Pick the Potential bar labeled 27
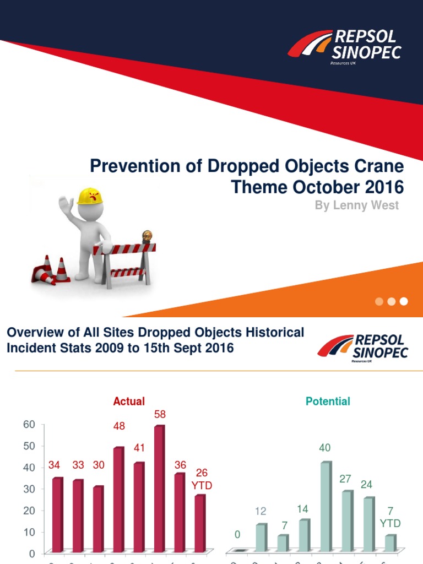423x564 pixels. [x=347, y=521]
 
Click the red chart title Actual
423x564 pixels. [x=129, y=402]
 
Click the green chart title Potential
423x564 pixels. [x=328, y=402]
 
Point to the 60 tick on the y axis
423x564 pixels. [x=29, y=424]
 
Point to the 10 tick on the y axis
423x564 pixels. [x=29, y=532]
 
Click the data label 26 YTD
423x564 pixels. [x=202, y=479]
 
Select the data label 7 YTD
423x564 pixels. [x=390, y=517]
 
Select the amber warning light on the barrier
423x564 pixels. [x=147, y=237]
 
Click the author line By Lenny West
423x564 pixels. [x=356, y=205]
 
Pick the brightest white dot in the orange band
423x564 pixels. [x=404, y=301]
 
